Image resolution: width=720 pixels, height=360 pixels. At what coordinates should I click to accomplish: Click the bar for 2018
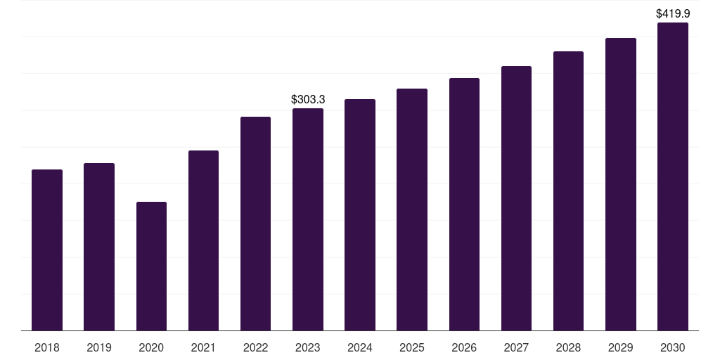coord(47,250)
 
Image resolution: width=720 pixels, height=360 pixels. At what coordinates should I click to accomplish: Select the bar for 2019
coord(99,246)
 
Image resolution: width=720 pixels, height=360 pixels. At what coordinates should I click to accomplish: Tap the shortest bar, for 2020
coord(151,266)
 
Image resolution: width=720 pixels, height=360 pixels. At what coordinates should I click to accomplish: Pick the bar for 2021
coord(203,240)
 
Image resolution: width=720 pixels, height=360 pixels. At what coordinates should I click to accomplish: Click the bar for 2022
coord(255,223)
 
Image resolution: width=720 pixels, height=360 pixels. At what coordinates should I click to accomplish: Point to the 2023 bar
coord(308,219)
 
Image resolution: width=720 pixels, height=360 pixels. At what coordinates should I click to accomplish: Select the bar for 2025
coord(412,209)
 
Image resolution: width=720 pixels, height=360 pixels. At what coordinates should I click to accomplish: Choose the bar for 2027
coord(516,198)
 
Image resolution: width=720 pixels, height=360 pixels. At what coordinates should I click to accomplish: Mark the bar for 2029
coord(620,184)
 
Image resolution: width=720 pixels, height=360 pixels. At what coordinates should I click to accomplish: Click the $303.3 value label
coord(308,100)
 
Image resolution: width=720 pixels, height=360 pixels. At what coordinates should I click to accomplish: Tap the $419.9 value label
coord(672,13)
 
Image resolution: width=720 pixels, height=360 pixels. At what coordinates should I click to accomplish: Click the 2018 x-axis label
coord(47,347)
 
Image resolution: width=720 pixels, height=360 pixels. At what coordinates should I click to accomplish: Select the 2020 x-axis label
coord(151,347)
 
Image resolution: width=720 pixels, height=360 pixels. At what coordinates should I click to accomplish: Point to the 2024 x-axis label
coord(360,347)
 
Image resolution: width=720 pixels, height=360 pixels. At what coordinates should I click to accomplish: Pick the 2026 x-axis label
coord(464,347)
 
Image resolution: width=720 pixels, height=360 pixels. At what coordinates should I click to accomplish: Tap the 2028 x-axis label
coord(568,347)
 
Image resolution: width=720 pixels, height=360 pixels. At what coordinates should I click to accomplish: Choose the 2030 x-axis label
coord(672,347)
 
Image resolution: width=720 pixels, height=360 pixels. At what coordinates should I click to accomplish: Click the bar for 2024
coord(360,214)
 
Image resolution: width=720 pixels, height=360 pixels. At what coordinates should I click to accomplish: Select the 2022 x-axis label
coord(255,347)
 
